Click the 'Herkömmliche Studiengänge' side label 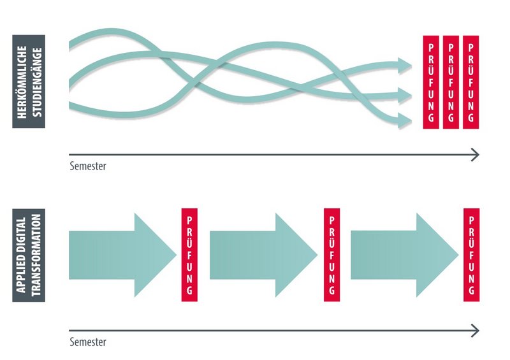pyautogui.click(x=29, y=81)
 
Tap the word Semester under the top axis pyautogui.click(x=88, y=166)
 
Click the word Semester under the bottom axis pyautogui.click(x=88, y=342)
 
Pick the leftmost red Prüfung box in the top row pyautogui.click(x=432, y=82)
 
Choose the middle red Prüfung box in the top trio pyautogui.click(x=451, y=82)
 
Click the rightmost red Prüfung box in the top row pyautogui.click(x=470, y=82)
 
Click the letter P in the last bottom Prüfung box pyautogui.click(x=472, y=220)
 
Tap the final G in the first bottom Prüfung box pyautogui.click(x=189, y=290)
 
